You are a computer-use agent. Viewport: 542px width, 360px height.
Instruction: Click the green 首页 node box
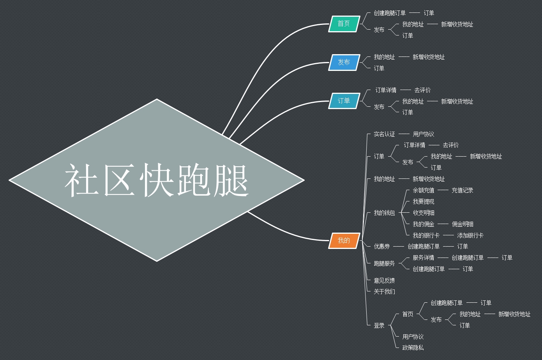344,24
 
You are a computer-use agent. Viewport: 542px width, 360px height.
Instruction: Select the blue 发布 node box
344,62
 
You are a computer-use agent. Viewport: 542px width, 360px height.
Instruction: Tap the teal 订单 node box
344,101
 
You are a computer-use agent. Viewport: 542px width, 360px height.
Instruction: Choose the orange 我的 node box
344,240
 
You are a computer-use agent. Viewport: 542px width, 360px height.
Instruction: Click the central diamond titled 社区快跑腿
157,180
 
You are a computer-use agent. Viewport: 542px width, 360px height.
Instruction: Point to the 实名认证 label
384,134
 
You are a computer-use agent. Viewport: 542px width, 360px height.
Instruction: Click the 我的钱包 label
384,213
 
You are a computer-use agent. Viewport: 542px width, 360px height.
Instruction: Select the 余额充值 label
423,190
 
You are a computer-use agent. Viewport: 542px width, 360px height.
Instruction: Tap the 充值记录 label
462,190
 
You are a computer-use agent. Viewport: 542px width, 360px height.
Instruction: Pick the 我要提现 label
423,201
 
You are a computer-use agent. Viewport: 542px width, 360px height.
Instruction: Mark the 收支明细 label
423,213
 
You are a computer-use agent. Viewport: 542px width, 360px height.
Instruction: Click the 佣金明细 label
463,224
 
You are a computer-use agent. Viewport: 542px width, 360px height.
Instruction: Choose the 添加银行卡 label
470,235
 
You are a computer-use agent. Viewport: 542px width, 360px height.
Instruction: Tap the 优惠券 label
381,246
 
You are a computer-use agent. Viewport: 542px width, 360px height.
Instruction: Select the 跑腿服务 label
384,263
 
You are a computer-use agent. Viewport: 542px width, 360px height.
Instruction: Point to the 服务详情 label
423,258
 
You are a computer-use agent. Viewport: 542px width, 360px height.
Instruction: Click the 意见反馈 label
384,281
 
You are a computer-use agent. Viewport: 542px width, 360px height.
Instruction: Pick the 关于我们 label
384,291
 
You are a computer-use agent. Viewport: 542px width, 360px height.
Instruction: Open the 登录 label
379,325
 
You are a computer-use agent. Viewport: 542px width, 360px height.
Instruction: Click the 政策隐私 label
413,348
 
